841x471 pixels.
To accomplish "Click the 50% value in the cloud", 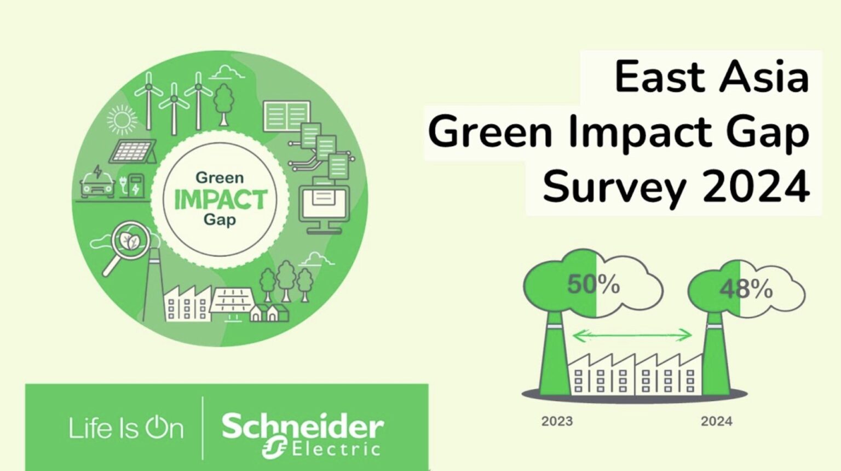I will [594, 285].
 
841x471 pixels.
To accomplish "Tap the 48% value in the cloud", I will [746, 289].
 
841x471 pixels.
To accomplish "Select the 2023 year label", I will [557, 421].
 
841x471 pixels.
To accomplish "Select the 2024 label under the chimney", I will [716, 421].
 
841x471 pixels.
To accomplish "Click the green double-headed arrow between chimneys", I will [632, 335].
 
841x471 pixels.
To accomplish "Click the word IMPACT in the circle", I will [220, 199].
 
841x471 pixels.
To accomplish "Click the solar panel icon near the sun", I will [133, 151].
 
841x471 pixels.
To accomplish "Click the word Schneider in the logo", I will [302, 427].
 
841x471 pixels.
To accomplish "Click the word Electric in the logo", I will [336, 450].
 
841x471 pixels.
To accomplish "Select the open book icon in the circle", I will [286, 116].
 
